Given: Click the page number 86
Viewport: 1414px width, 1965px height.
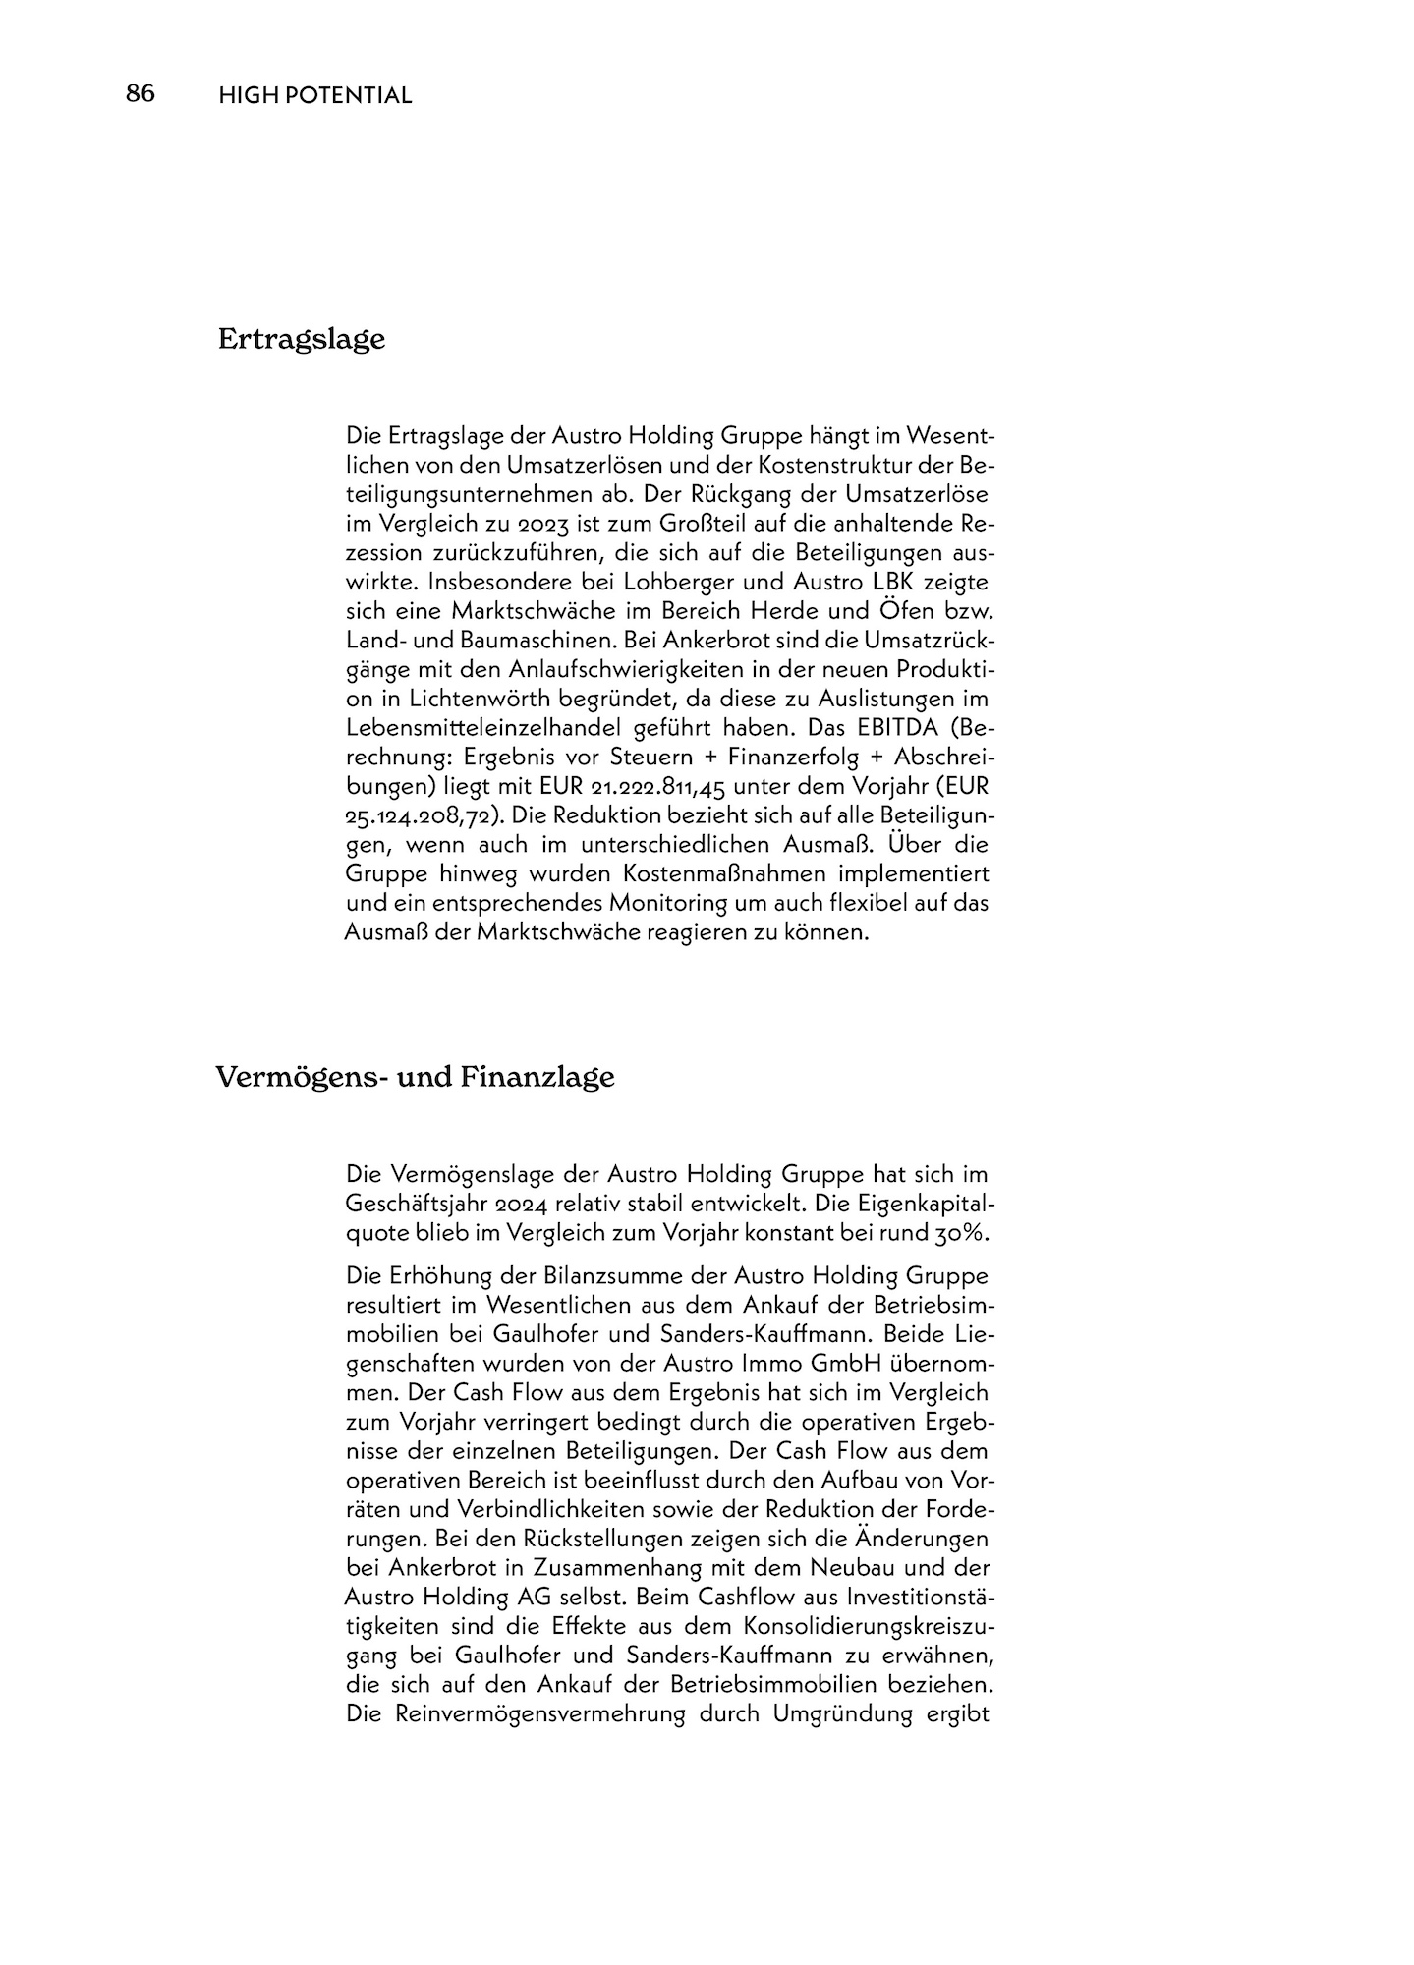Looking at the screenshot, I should [141, 94].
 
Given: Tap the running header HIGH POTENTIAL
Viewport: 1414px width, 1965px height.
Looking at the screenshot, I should [314, 95].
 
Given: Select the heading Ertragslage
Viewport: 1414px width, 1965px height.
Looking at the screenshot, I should [301, 340].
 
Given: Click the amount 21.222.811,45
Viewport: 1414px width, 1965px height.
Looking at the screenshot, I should [658, 788].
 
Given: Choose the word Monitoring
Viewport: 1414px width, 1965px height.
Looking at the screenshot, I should [696, 903].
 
